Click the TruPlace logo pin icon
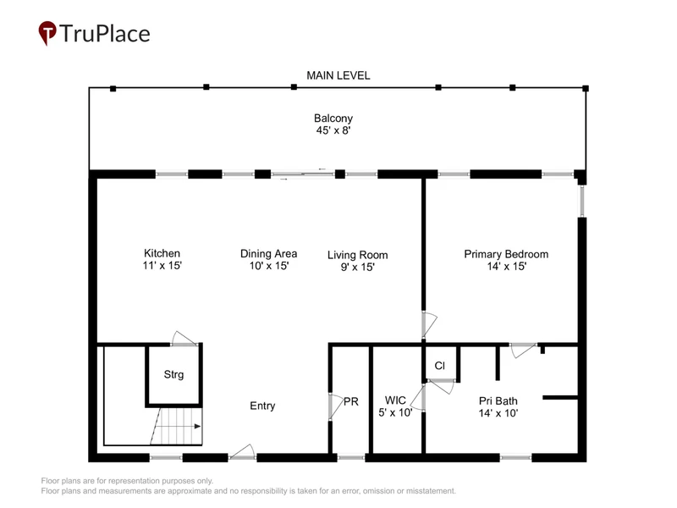point(47,33)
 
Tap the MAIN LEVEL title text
point(338,75)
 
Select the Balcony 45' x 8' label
point(333,124)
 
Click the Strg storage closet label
point(173,374)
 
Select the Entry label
point(262,406)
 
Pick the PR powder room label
point(351,401)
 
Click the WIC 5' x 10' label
point(395,406)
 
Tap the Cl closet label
point(439,366)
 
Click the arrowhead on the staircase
point(197,427)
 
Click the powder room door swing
point(336,406)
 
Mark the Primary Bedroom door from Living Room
point(429,324)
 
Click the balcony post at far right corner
point(586,89)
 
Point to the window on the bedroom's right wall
point(582,201)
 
